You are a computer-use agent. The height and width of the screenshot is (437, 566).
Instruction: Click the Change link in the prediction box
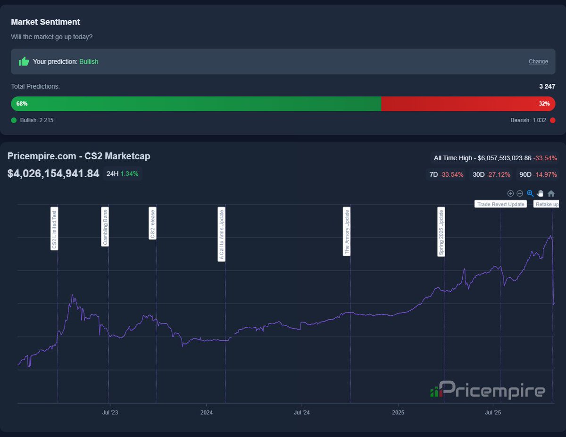(538, 61)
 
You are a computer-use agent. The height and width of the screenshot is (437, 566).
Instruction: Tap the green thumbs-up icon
(24, 61)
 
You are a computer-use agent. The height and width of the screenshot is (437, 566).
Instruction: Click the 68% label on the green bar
(22, 104)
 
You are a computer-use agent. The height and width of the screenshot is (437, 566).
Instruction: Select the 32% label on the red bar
(544, 104)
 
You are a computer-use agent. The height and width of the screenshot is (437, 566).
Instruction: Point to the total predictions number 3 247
(547, 86)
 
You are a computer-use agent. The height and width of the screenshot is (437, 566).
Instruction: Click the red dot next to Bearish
(552, 120)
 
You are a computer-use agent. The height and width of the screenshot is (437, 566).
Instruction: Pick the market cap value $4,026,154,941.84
(53, 173)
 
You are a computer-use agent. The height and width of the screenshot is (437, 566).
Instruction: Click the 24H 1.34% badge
(123, 173)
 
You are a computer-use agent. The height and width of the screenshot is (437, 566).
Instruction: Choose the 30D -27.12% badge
(491, 174)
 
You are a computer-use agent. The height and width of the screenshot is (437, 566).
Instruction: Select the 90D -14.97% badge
(538, 174)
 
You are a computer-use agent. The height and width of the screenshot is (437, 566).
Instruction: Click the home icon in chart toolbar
(551, 193)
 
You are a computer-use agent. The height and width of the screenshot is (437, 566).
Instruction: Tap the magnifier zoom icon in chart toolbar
(530, 193)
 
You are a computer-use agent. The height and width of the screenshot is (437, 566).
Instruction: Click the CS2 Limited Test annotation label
(54, 229)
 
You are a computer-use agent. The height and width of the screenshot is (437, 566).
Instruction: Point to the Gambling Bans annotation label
(105, 226)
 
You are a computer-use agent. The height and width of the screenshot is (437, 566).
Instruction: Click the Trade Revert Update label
(500, 204)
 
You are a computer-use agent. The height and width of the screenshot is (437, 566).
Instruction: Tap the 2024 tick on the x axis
(207, 412)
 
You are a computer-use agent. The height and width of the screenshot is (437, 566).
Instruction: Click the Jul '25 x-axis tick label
(493, 412)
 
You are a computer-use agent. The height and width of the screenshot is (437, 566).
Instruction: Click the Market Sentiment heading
(45, 22)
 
